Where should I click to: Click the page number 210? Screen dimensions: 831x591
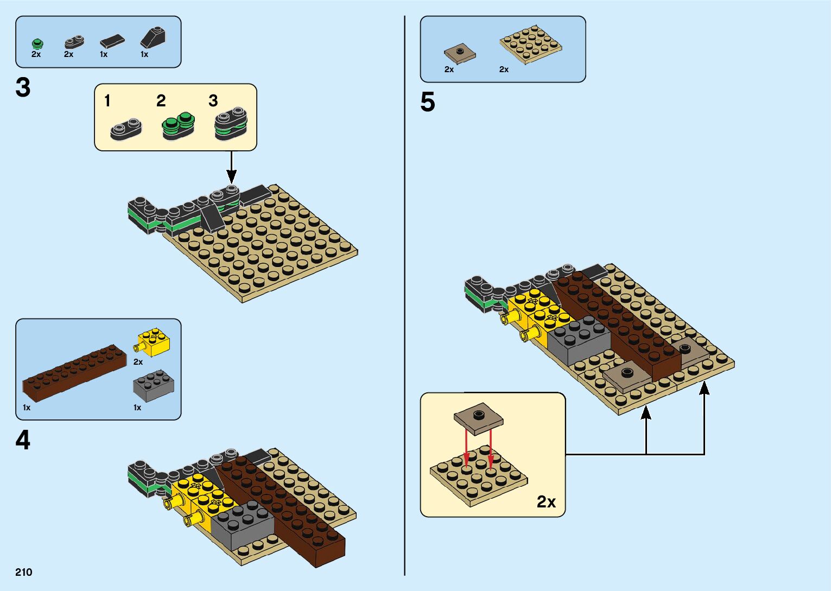coord(24,572)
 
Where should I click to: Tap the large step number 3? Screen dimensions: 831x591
coord(23,88)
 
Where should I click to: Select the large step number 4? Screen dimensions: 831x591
coord(23,440)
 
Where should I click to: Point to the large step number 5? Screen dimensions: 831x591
coord(428,102)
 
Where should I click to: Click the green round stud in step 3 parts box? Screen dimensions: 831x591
coord(37,43)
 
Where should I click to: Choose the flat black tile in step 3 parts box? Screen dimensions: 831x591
coord(112,41)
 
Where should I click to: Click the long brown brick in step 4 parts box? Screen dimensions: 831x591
coord(74,372)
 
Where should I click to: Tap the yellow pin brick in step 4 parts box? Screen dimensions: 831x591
coord(153,342)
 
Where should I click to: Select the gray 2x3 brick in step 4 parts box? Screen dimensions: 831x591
coord(154,385)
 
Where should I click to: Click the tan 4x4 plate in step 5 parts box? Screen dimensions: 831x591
coord(530,43)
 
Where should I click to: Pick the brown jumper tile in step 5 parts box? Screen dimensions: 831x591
coord(460,53)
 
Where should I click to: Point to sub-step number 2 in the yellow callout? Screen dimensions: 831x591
coord(161,101)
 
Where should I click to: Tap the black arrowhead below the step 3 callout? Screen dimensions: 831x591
coord(231,177)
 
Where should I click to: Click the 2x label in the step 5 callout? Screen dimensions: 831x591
coord(546,501)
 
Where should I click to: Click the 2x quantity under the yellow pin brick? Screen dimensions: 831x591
coord(138,362)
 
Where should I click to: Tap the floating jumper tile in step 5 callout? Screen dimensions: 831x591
coord(478,418)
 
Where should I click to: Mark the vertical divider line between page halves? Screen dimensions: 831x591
coord(405,296)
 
